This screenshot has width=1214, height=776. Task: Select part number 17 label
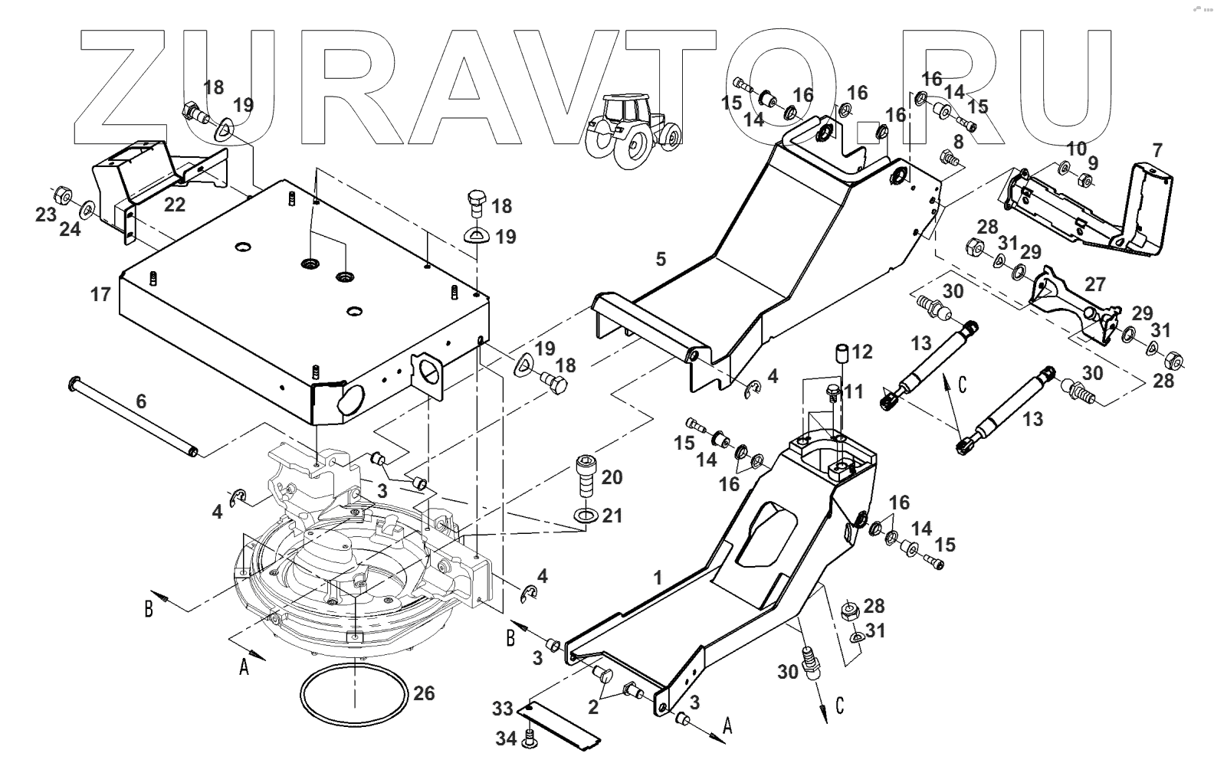[x=101, y=293]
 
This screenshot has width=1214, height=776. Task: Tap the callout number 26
[x=424, y=693]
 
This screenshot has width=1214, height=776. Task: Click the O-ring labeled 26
[x=353, y=699]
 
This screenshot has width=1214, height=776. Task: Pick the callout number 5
[x=661, y=259]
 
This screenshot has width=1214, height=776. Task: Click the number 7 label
[x=1157, y=149]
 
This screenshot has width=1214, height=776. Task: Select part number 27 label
[x=1096, y=285]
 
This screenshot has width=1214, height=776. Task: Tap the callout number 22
[x=175, y=205]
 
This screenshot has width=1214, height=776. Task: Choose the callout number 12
[x=862, y=352]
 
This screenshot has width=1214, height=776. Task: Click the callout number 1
[x=657, y=578]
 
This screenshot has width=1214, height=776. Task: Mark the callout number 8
[x=957, y=142]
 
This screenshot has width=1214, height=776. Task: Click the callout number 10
[x=1076, y=147]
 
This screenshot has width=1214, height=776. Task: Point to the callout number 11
[x=854, y=392]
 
